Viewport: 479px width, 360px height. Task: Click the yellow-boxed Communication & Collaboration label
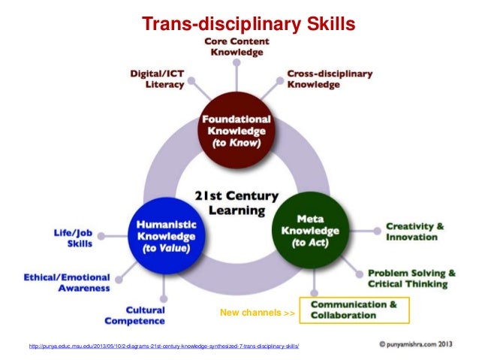point(354,310)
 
